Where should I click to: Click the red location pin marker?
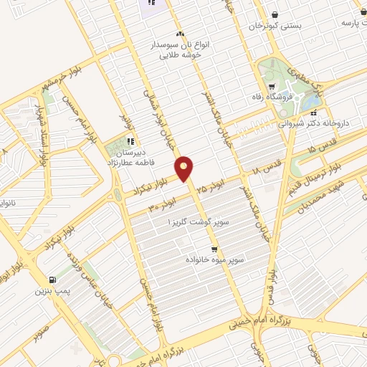pos(185,168)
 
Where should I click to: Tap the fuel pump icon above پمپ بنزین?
pos(51,280)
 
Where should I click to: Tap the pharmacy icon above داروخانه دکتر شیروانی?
pos(316,112)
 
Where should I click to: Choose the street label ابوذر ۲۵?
pos(211,188)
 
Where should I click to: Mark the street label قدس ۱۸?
pos(265,171)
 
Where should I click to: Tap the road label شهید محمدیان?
pos(309,198)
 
